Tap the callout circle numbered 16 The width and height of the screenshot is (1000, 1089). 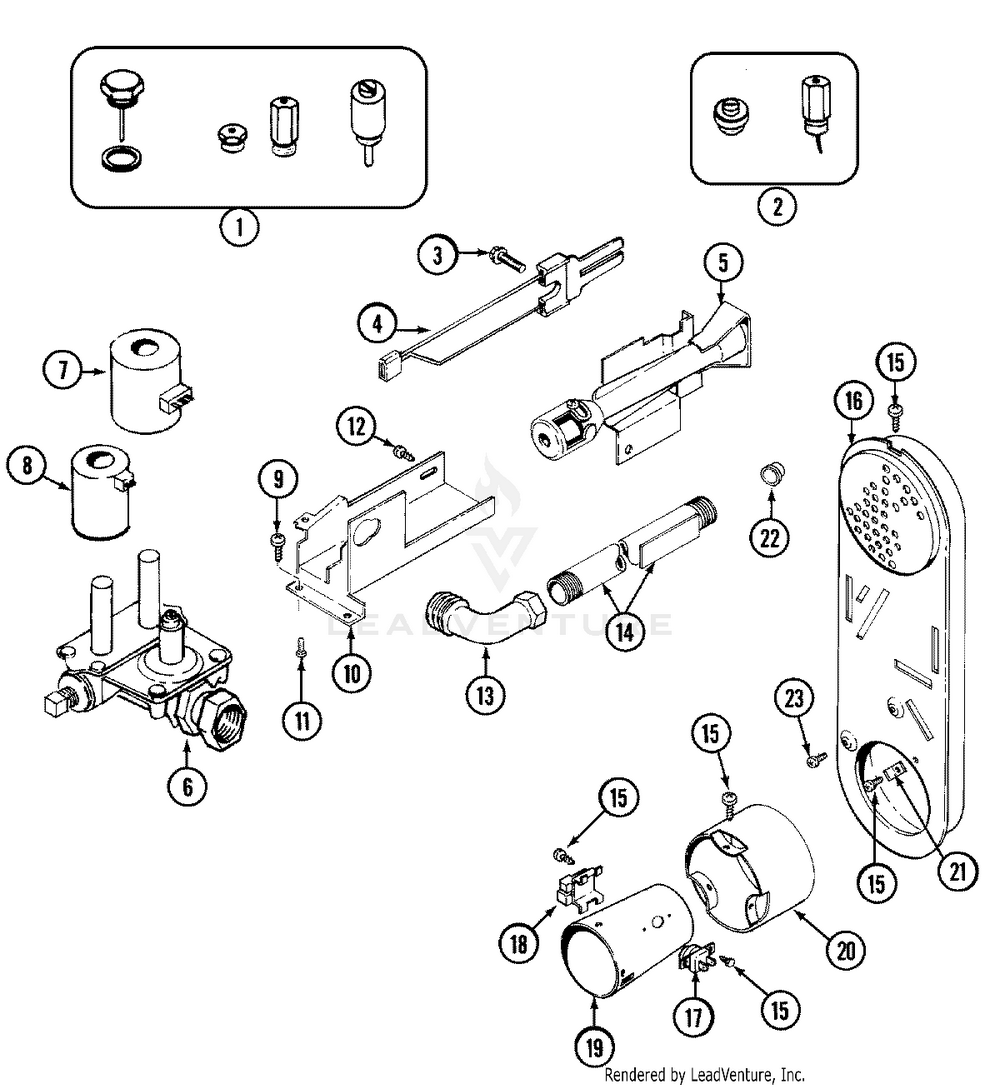click(x=851, y=404)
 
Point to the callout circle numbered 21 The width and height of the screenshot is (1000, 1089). click(x=958, y=872)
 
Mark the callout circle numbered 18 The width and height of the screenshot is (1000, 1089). click(x=517, y=945)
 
